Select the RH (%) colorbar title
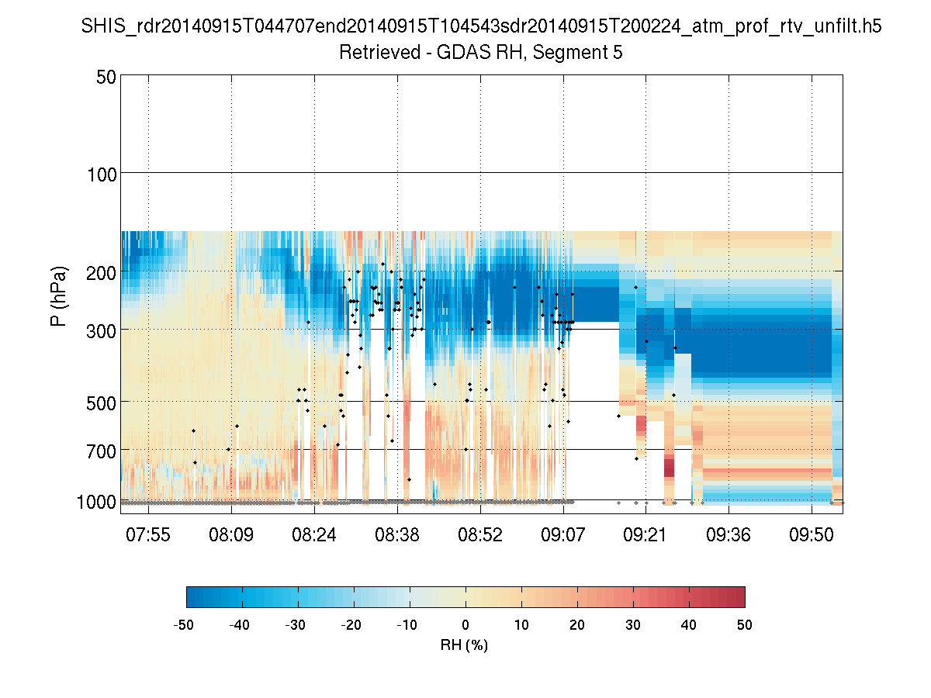click(x=464, y=644)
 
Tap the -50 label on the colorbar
click(x=185, y=624)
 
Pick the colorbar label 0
click(x=465, y=624)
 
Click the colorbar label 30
click(x=633, y=624)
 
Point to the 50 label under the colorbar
click(x=745, y=624)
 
